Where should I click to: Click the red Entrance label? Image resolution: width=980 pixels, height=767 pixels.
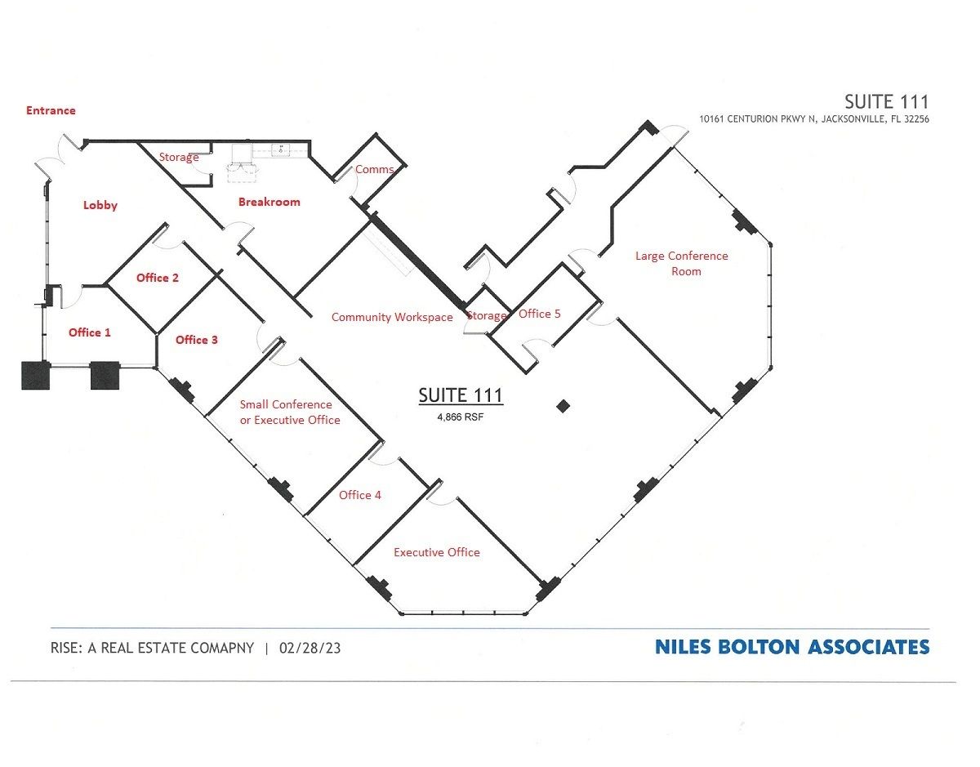[51, 110]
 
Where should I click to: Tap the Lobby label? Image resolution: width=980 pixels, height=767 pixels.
[100, 206]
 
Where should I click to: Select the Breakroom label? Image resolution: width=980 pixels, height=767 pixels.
[269, 202]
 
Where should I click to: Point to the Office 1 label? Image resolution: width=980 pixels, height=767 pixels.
[89, 332]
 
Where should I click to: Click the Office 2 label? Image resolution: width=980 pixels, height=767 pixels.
[158, 278]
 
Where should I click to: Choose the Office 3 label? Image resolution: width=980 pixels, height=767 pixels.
[196, 340]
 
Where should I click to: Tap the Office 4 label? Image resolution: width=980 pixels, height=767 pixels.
[360, 495]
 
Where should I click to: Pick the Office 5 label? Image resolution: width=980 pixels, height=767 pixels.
[539, 314]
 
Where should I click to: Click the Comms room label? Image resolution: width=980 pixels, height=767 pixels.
[374, 170]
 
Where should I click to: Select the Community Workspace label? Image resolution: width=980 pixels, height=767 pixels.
[392, 318]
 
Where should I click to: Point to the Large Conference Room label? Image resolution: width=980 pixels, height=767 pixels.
[681, 264]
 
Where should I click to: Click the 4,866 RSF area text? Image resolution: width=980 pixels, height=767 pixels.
[460, 417]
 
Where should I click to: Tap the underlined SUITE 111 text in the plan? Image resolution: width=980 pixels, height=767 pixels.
[460, 396]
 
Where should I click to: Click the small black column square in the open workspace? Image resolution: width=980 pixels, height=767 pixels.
[563, 406]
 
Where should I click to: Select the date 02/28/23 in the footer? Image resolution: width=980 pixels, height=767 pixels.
[310, 648]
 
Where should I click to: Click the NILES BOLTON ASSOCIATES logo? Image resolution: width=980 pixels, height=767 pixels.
[792, 647]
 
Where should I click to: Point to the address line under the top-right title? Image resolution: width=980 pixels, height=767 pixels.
[814, 119]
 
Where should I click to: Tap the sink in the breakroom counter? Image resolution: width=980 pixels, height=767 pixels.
[280, 149]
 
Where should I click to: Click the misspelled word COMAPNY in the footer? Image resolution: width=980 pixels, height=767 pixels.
[222, 648]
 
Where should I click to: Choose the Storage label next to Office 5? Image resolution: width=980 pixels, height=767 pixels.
[486, 315]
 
